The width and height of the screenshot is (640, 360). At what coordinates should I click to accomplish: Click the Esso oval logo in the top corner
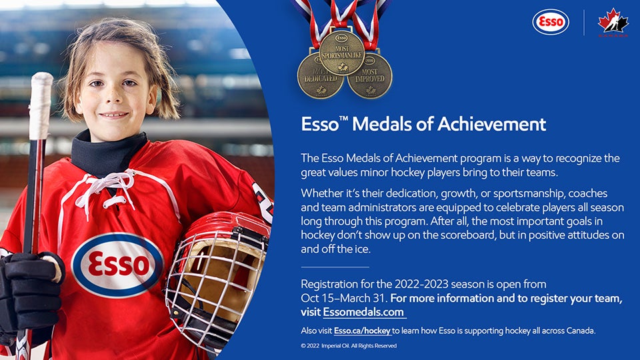point(551,21)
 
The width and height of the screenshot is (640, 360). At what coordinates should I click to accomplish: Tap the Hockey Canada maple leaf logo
point(613,22)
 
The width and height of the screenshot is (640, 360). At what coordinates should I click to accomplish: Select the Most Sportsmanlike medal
point(341,53)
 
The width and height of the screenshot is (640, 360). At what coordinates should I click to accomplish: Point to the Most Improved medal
point(370,76)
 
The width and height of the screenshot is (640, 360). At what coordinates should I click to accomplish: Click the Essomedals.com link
point(363,312)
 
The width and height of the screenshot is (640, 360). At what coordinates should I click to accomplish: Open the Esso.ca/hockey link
point(362,331)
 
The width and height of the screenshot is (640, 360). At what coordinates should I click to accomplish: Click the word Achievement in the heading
point(492,124)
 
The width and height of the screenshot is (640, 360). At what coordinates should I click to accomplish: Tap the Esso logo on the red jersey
point(117,265)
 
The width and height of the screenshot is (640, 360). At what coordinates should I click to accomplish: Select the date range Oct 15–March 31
point(343,298)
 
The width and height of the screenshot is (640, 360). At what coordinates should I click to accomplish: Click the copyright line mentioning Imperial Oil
point(349,346)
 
